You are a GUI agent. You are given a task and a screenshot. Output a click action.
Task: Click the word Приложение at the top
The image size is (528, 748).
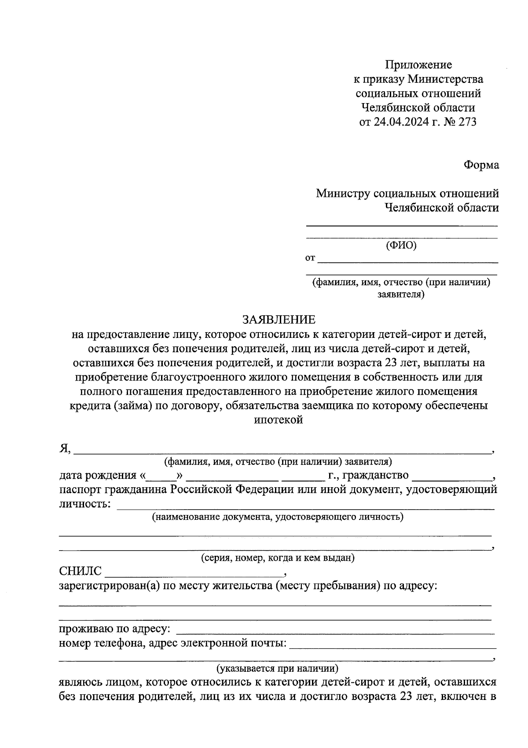(x=418, y=65)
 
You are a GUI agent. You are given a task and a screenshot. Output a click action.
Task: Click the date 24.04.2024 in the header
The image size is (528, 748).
(x=401, y=122)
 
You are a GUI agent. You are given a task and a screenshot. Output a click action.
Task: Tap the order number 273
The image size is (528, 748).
(x=467, y=122)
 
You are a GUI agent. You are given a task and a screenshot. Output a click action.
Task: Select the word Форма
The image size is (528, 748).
(x=481, y=165)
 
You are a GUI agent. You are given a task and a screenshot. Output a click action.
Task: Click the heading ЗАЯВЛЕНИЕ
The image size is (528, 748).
(x=279, y=319)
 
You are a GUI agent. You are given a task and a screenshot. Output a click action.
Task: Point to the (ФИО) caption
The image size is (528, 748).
(x=401, y=246)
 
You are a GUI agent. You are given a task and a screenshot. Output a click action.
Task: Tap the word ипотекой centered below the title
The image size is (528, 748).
(x=279, y=419)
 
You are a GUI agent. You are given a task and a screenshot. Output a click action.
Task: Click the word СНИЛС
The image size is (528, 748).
(x=80, y=571)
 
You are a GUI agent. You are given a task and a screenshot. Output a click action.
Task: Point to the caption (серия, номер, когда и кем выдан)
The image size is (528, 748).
(x=278, y=558)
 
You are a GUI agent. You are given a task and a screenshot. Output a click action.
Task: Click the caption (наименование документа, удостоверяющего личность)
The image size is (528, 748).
(x=278, y=517)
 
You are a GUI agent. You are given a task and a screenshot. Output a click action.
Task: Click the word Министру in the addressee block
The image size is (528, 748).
(x=342, y=193)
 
